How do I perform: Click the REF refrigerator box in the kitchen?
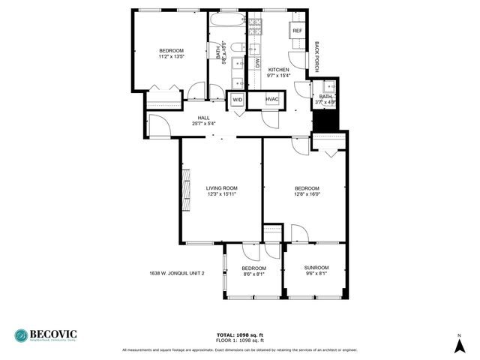pos(298,31)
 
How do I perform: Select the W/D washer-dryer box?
pos(237,100)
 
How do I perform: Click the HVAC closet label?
pos(272,100)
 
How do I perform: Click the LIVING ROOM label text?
pos(222,188)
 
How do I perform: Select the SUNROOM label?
pos(316,268)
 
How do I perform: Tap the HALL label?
pos(204,118)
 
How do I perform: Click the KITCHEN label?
pos(279,69)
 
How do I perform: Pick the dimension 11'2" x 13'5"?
pos(172,56)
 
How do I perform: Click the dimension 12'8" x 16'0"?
pos(307,194)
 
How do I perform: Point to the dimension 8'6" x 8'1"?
pos(253,274)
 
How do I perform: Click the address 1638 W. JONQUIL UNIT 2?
pos(176,273)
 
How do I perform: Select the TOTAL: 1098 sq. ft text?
pos(240,334)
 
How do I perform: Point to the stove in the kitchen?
pos(256,27)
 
